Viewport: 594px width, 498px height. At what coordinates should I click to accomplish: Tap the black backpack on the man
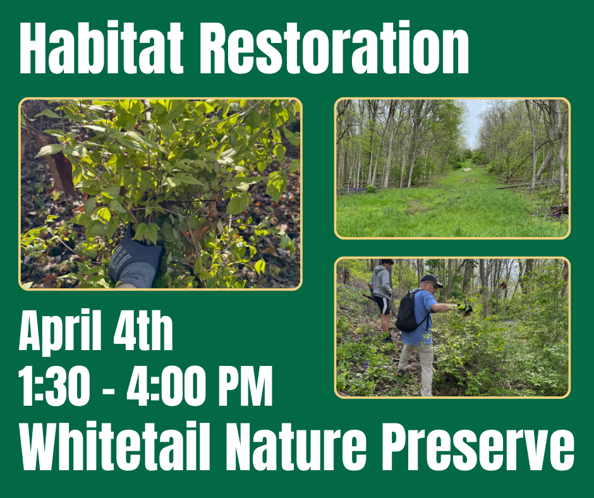click(x=408, y=312)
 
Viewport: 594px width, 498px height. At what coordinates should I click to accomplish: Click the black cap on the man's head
click(x=431, y=279)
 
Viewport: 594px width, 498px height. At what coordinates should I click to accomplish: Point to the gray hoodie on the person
click(x=381, y=281)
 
